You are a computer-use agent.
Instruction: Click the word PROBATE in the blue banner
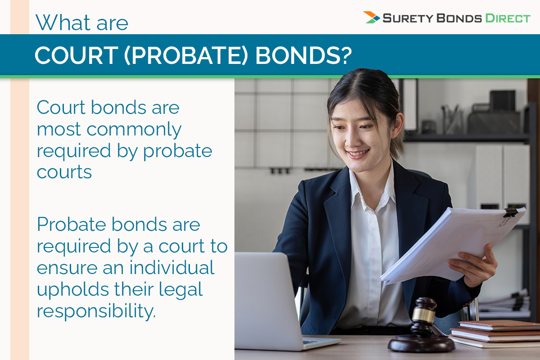click(187, 55)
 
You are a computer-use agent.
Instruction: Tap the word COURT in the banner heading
click(76, 55)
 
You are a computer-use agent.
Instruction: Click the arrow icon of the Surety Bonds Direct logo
click(372, 18)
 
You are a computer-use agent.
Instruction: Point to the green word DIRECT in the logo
click(508, 18)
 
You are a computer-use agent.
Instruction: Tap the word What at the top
click(63, 22)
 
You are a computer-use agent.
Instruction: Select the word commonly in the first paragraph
click(134, 130)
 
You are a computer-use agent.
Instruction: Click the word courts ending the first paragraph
click(64, 172)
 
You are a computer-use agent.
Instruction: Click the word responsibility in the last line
click(96, 311)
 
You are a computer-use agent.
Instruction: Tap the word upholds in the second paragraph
click(72, 290)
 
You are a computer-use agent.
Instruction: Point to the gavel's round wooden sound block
click(421, 344)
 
